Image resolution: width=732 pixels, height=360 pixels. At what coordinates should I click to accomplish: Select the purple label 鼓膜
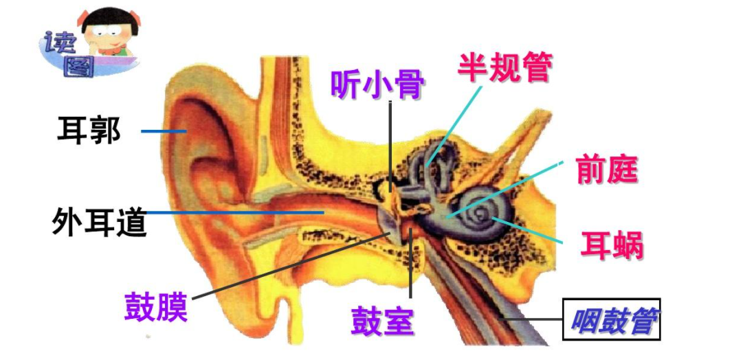click(155, 306)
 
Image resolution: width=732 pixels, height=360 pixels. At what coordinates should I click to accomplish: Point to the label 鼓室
click(382, 319)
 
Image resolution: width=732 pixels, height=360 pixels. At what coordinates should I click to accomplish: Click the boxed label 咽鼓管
click(611, 319)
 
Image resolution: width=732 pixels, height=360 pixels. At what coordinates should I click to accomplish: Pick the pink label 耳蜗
click(611, 245)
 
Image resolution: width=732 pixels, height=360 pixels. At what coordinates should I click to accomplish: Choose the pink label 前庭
click(607, 169)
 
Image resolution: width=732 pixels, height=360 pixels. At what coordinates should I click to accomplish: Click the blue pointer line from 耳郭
click(164, 131)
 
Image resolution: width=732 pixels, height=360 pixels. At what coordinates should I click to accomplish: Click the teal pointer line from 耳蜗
click(529, 230)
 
